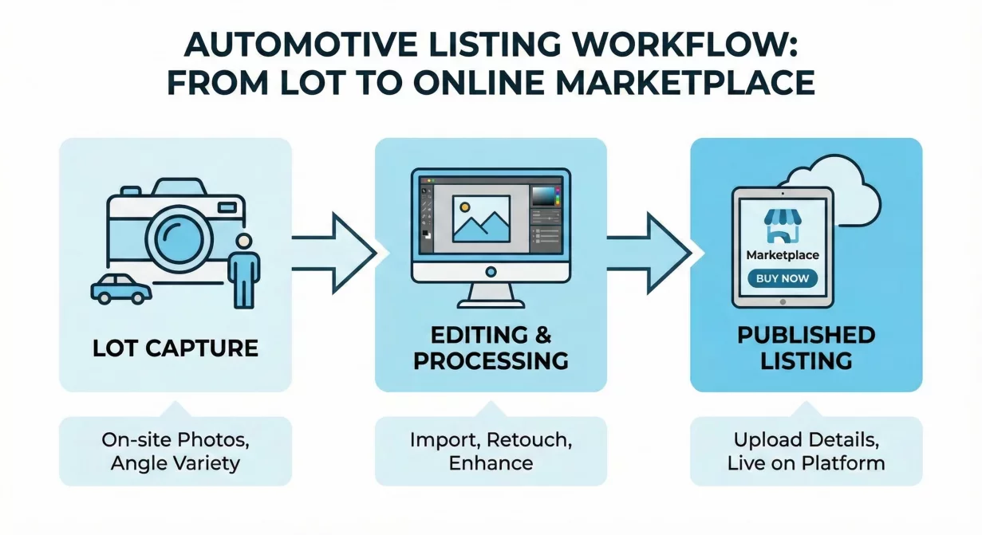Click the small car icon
(x=120, y=289)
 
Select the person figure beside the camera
(x=243, y=271)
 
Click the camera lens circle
(x=182, y=235)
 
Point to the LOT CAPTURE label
(x=175, y=348)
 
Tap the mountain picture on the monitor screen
(x=480, y=218)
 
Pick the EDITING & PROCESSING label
(x=490, y=348)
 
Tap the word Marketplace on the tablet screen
(x=782, y=255)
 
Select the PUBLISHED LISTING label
(x=806, y=348)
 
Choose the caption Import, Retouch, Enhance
(x=491, y=450)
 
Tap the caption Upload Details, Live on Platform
(x=806, y=450)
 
